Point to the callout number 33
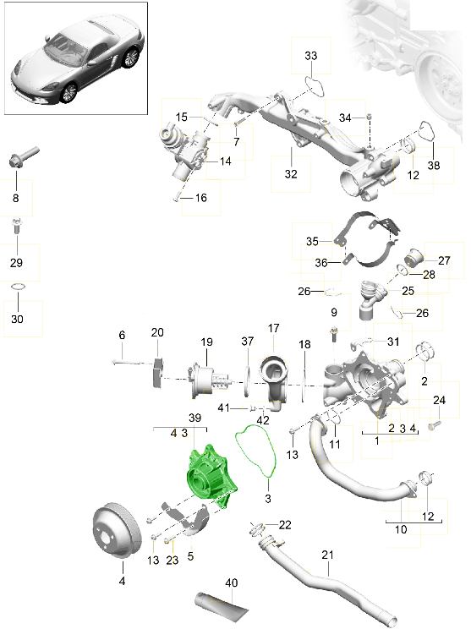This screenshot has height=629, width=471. (x=310, y=56)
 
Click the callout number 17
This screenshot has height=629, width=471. (x=273, y=328)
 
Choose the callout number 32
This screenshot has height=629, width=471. (x=291, y=175)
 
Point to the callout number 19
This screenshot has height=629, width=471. (x=206, y=342)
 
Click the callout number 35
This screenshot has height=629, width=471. (x=312, y=241)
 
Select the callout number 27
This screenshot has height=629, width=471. (x=443, y=260)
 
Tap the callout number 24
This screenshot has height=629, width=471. (x=439, y=400)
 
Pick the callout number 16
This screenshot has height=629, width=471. (x=200, y=198)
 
